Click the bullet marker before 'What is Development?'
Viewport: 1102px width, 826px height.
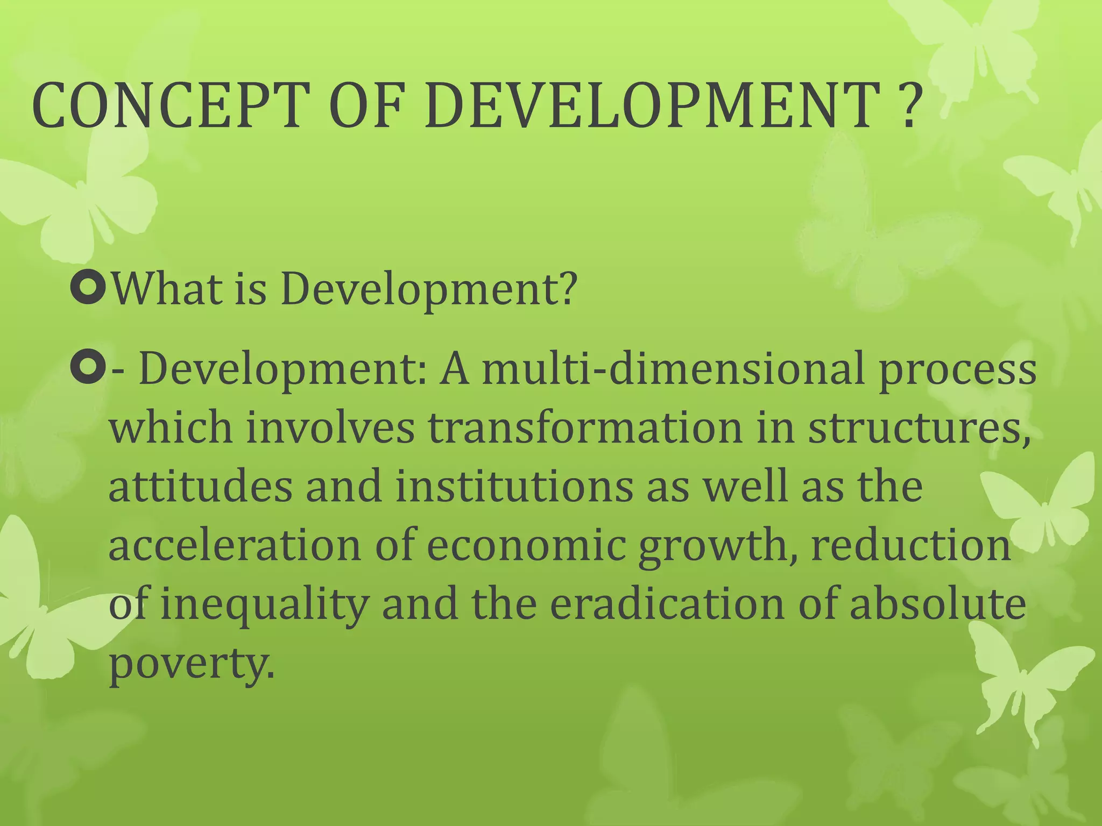(x=87, y=288)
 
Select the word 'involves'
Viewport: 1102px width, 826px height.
(x=330, y=428)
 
